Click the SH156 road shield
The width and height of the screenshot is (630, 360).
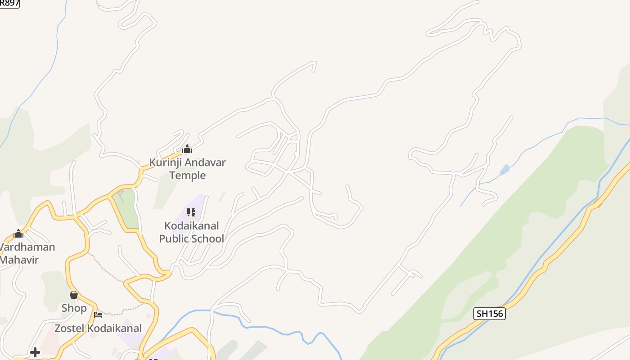click(x=490, y=314)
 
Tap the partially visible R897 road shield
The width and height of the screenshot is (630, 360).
click(x=9, y=3)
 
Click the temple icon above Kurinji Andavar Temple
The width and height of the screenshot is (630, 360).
click(x=187, y=149)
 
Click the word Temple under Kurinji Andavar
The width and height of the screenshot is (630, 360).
click(x=187, y=175)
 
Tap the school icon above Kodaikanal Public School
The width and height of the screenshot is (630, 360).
click(x=191, y=212)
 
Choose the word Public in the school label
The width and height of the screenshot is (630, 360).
click(x=174, y=238)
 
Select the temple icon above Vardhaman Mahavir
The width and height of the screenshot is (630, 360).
click(x=18, y=234)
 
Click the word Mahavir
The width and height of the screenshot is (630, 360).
click(x=20, y=260)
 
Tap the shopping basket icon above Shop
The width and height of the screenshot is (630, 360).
click(x=74, y=295)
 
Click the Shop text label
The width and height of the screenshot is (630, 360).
click(x=74, y=308)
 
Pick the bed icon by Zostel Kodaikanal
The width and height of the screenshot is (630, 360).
click(x=98, y=314)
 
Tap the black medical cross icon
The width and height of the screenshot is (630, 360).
click(x=35, y=352)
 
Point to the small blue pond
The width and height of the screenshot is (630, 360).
click(x=505, y=170)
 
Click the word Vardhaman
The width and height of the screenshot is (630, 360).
click(x=27, y=247)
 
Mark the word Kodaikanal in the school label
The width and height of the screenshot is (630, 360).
click(x=191, y=225)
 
